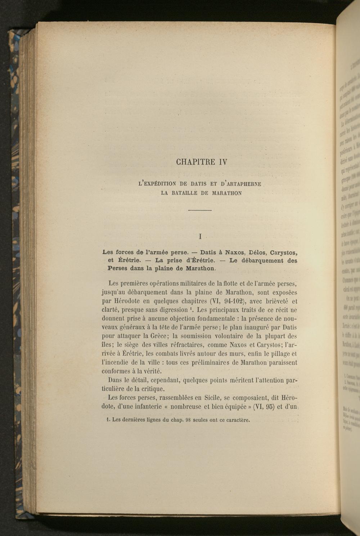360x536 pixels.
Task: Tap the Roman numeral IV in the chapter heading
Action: pos(223,162)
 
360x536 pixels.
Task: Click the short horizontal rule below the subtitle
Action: pos(200,210)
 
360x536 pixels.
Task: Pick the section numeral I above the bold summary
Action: pos(200,237)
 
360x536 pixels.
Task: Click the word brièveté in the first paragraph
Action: pos(277,301)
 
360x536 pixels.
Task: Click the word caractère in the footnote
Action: pos(237,420)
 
